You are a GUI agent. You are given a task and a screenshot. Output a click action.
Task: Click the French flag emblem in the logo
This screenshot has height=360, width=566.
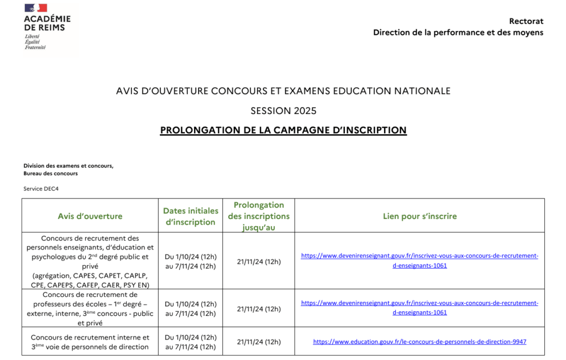tap(36, 8)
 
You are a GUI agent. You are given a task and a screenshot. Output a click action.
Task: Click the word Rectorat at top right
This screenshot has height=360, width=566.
tap(526, 21)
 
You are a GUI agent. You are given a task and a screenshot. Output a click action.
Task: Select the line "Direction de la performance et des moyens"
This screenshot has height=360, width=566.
tap(458, 32)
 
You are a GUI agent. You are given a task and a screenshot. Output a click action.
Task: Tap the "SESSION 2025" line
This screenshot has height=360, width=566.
tap(283, 111)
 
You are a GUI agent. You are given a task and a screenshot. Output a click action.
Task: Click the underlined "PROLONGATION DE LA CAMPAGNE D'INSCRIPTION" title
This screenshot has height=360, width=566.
tap(283, 131)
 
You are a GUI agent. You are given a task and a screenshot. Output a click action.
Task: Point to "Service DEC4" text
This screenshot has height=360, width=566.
tap(41, 189)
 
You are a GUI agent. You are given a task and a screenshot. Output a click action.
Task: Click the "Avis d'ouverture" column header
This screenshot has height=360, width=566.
tap(90, 216)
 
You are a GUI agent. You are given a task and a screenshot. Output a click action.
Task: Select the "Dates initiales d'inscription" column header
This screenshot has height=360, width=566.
tap(190, 216)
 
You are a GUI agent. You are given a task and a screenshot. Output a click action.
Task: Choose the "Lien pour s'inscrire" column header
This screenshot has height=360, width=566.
tap(420, 216)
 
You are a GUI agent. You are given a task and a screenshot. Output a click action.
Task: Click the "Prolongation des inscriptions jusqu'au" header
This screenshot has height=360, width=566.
tap(259, 216)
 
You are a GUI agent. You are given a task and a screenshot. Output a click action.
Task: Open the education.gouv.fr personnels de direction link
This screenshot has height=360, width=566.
tap(420, 342)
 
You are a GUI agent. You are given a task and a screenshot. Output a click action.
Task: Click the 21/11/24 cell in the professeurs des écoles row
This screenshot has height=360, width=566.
tap(259, 309)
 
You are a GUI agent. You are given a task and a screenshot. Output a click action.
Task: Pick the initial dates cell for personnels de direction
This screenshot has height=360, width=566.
tap(190, 342)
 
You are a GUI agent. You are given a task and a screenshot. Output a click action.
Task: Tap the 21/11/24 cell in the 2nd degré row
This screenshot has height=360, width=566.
tap(259, 262)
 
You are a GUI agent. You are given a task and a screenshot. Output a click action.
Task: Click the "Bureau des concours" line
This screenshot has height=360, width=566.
tap(50, 173)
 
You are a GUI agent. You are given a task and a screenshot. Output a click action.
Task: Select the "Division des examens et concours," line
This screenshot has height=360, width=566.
tap(68, 166)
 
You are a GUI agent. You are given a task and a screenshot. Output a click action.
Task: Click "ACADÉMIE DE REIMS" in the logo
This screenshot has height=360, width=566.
tap(47, 23)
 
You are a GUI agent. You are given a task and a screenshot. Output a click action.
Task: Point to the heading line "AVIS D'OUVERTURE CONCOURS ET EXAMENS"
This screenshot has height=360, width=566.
tap(283, 91)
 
